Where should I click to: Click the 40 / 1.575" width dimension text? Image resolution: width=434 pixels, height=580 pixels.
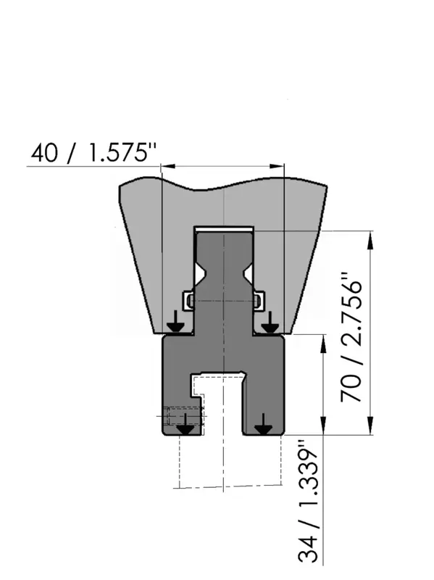pos(93,152)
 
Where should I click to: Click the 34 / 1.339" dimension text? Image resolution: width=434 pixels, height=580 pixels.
pos(308,502)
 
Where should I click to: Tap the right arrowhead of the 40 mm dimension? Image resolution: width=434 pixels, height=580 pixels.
pos(277,167)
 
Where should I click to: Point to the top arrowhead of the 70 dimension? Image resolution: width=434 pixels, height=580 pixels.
pos(370,239)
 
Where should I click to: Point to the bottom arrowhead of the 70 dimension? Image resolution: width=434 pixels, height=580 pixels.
pos(370,426)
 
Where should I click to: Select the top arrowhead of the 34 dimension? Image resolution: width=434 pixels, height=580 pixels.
pos(323,344)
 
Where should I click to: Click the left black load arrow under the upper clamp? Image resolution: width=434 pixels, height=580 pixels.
pos(176,322)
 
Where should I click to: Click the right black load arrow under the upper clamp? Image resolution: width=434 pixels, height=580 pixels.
pos(270,322)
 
